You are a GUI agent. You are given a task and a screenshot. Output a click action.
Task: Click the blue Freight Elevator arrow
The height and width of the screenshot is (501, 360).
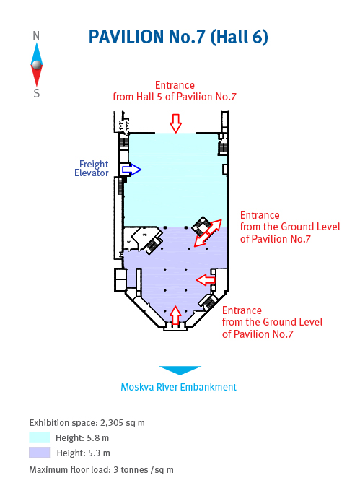click(131, 170)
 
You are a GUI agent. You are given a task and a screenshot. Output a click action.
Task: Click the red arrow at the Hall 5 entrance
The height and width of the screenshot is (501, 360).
click(175, 123)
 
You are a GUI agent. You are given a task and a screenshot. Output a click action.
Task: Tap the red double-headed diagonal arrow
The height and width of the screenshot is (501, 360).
click(208, 233)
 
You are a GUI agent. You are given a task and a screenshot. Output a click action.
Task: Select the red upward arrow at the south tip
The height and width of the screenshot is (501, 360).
click(175, 315)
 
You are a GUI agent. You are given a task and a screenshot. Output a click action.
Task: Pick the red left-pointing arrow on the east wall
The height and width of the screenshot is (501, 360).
click(206, 280)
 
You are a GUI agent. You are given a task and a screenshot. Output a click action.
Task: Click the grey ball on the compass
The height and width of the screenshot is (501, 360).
click(37, 65)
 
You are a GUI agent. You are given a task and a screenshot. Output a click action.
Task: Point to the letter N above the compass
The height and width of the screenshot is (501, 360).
click(36, 36)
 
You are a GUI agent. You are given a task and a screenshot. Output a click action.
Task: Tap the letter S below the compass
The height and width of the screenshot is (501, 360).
click(36, 93)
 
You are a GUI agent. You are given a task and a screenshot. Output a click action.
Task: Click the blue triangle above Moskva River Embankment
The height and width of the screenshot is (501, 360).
click(180, 370)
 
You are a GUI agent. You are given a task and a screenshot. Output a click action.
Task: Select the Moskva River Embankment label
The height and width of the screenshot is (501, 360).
click(179, 387)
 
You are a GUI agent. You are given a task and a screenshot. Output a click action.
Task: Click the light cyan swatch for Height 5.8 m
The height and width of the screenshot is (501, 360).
click(39, 437)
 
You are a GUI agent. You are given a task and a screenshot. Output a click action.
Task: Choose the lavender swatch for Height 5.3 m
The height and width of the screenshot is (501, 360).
click(39, 453)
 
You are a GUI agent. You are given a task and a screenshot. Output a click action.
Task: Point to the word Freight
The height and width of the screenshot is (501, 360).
click(94, 164)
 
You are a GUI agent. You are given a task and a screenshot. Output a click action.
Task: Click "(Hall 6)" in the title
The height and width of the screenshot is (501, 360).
click(239, 37)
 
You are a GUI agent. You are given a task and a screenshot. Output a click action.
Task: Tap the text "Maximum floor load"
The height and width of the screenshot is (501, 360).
click(69, 470)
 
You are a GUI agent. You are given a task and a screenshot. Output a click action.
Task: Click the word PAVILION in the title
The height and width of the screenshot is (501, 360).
click(126, 37)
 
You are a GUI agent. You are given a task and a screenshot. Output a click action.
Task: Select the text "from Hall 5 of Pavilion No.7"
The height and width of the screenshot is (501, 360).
click(175, 97)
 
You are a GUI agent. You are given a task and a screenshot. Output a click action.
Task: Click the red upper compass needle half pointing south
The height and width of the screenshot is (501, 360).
click(37, 76)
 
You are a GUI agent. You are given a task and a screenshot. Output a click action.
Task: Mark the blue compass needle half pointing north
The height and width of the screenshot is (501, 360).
click(37, 53)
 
